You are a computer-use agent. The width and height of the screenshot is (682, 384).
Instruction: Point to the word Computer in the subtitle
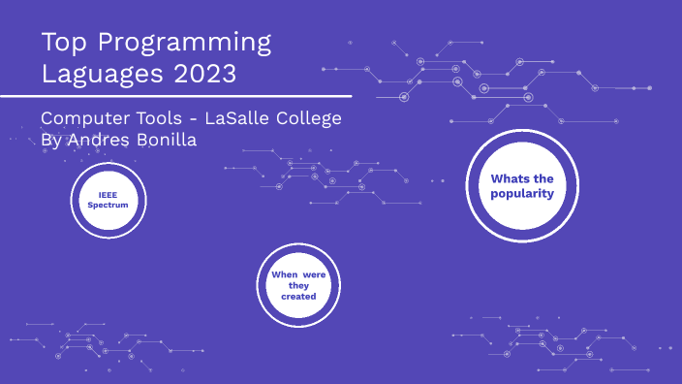(x=82, y=119)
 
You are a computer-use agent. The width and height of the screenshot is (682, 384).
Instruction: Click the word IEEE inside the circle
(x=108, y=194)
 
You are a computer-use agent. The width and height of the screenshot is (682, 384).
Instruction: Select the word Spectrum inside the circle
(x=108, y=206)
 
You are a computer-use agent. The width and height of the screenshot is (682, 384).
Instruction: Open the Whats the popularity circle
(x=521, y=185)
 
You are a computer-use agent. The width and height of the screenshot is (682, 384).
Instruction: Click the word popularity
(x=521, y=193)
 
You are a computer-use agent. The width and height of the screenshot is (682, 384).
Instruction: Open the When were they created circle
(x=298, y=285)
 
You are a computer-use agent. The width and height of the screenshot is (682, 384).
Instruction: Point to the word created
(x=298, y=297)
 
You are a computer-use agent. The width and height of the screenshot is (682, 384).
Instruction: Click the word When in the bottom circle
(x=285, y=274)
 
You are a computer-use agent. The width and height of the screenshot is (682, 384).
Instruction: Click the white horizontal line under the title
(x=174, y=96)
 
